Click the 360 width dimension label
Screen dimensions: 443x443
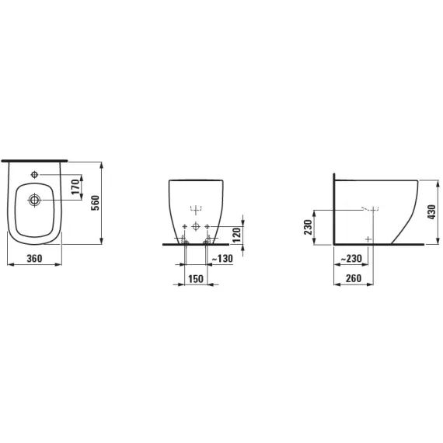[34, 258]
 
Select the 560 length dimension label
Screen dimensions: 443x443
[96, 203]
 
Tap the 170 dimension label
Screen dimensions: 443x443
[75, 187]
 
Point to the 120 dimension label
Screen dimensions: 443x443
[236, 235]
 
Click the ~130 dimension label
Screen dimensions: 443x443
[222, 258]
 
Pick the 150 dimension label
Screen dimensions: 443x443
[196, 279]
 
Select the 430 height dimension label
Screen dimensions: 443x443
[431, 212]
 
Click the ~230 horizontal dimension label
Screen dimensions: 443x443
[351, 258]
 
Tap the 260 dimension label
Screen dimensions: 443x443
[354, 278]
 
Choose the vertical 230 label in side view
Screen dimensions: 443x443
[308, 227]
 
